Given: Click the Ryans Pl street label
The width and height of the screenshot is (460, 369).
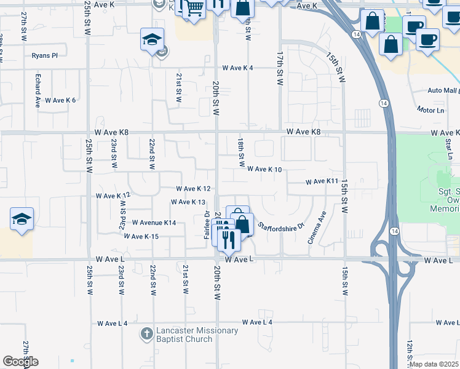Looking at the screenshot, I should pyautogui.click(x=45, y=55).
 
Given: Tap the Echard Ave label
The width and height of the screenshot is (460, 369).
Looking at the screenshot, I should pyautogui.click(x=38, y=91).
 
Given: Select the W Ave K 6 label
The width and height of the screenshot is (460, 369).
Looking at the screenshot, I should pyautogui.click(x=60, y=100).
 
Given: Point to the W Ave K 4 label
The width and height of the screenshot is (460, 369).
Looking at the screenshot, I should pyautogui.click(x=238, y=68).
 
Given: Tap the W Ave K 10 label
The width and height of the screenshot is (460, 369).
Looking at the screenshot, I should pyautogui.click(x=264, y=169).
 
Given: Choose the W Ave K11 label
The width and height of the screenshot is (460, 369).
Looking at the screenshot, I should pyautogui.click(x=323, y=181).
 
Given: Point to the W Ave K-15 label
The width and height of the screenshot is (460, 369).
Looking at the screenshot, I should pyautogui.click(x=141, y=236).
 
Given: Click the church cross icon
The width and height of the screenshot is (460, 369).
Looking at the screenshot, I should pyautogui.click(x=146, y=335).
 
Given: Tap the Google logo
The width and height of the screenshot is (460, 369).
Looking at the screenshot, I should pyautogui.click(x=20, y=362).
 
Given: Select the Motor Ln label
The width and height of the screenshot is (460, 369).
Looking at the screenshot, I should pyautogui.click(x=430, y=110).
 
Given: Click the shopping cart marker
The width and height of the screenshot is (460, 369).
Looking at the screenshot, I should pyautogui.click(x=194, y=9).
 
